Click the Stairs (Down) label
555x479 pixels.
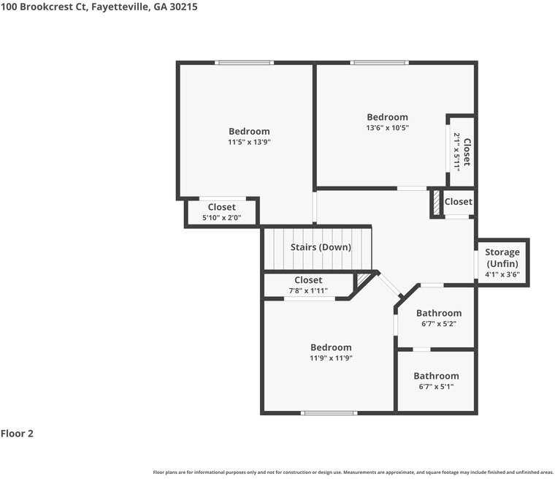click(x=321, y=247)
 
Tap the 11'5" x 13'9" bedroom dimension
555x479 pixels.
click(x=249, y=142)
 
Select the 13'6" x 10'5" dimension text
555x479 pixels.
click(x=388, y=128)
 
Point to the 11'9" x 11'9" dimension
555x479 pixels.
click(x=331, y=358)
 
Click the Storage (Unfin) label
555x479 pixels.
click(x=502, y=257)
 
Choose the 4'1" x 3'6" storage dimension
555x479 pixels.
click(x=502, y=274)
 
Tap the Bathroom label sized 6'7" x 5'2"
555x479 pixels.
click(x=439, y=313)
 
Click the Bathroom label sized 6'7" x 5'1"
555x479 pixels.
click(x=437, y=376)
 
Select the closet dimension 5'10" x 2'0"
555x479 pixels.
click(x=221, y=218)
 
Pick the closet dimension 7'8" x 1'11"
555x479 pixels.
click(x=308, y=291)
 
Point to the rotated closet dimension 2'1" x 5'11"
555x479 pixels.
click(x=457, y=152)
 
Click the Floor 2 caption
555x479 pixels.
click(x=17, y=433)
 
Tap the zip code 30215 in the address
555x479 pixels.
click(x=184, y=7)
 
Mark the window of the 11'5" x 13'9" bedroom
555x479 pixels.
click(x=244, y=63)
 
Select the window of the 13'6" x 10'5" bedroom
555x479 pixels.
click(x=380, y=63)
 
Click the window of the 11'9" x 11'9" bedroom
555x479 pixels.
click(x=329, y=412)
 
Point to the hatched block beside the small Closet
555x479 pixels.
click(x=437, y=203)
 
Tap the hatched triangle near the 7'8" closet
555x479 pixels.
click(x=362, y=279)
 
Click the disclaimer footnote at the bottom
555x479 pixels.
click(x=353, y=472)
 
